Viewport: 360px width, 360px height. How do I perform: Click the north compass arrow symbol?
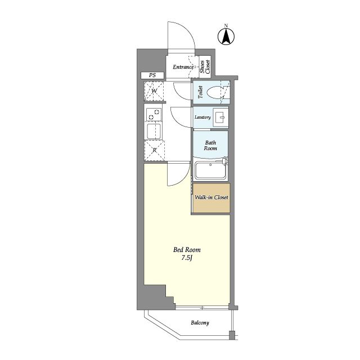[x=226, y=36]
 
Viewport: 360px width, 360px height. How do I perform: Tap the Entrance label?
[x=183, y=67]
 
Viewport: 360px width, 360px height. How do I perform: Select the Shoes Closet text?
[x=205, y=66]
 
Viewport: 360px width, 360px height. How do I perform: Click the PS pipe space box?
[x=152, y=75]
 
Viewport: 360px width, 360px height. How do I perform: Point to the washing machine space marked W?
[x=154, y=91]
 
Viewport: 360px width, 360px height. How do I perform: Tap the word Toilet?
[x=200, y=92]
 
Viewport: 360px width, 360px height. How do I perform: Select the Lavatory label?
[x=202, y=118]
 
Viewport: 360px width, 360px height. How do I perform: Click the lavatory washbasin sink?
[x=220, y=118]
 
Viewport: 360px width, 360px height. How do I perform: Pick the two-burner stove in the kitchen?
[x=154, y=114]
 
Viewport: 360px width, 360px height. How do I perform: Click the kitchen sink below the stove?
[x=154, y=131]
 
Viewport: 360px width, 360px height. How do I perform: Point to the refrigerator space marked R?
[x=154, y=150]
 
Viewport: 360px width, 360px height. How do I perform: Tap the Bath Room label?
[x=210, y=146]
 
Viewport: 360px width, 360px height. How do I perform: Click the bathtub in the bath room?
[x=210, y=170]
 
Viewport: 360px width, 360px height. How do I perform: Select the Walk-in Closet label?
[x=211, y=197]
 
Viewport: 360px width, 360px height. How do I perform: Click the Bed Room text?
[x=187, y=250]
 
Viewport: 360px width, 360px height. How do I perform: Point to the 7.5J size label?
[x=186, y=258]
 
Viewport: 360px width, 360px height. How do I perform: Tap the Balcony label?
[x=200, y=323]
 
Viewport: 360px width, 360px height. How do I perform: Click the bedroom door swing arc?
[x=183, y=179]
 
